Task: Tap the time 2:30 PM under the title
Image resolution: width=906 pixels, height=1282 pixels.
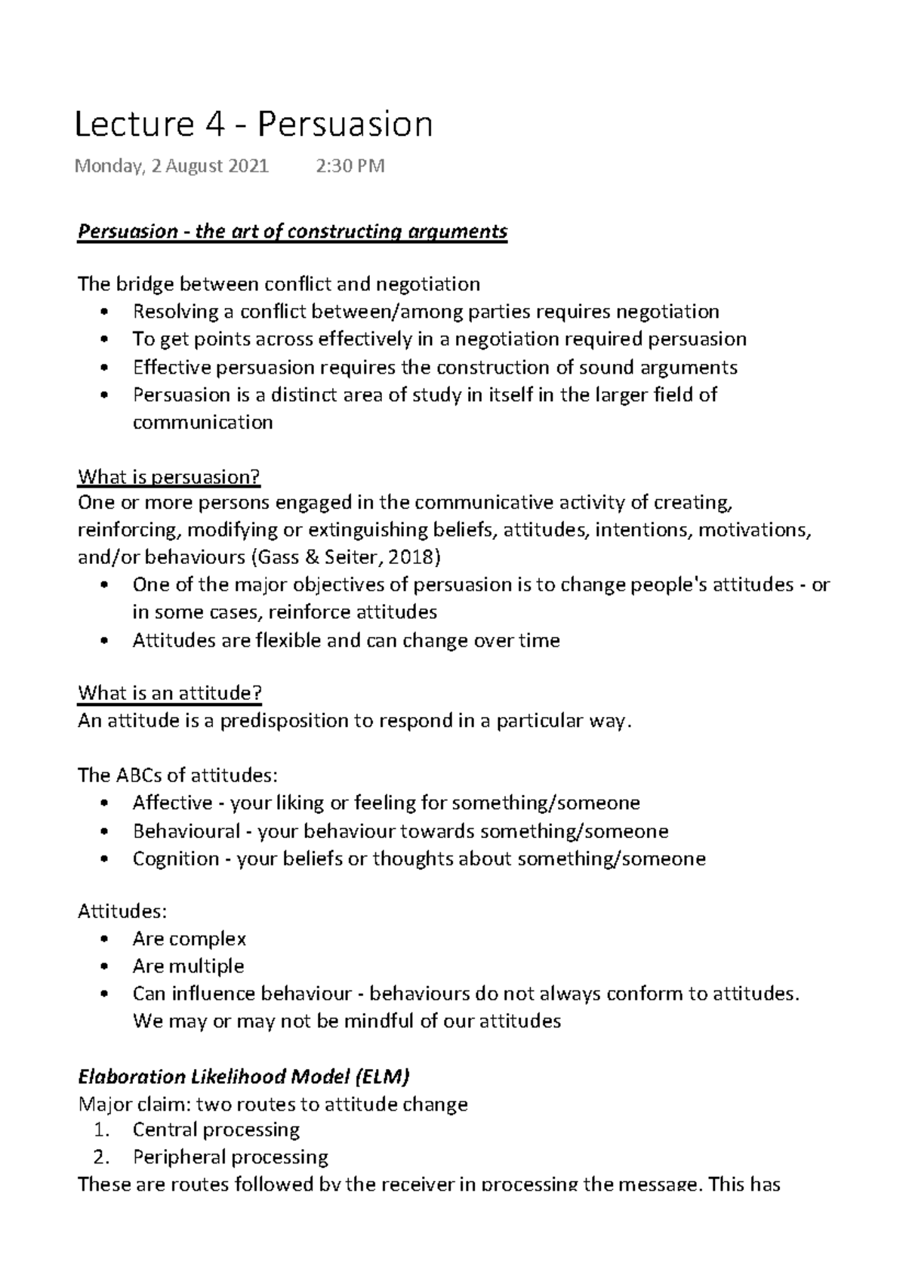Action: [x=350, y=166]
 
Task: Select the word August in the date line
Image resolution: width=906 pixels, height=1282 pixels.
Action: [x=199, y=166]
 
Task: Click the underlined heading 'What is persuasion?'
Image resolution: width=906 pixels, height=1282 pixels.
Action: [x=169, y=477]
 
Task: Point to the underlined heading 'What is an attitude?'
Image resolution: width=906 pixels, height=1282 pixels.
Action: [x=170, y=693]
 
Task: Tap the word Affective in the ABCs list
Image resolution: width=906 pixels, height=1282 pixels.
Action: [x=173, y=803]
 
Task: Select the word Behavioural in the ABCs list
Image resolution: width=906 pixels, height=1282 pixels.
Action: [x=186, y=831]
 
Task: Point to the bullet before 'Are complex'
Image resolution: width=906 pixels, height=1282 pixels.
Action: [x=104, y=940]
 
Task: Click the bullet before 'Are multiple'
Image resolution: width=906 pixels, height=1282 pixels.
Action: [x=104, y=967]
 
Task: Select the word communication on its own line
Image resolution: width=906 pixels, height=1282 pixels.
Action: [x=202, y=422]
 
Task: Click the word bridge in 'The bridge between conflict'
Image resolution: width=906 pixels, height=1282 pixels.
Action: [x=144, y=284]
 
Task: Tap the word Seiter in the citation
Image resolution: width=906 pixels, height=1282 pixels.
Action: [x=358, y=557]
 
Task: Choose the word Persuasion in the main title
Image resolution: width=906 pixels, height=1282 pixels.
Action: [x=345, y=125]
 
